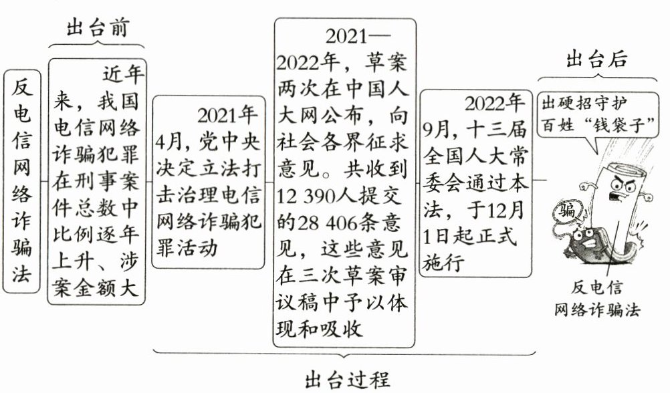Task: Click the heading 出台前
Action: (x=98, y=28)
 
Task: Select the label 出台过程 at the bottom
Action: (x=346, y=378)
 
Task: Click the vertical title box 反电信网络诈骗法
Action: (x=23, y=180)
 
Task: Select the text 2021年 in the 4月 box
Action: (x=227, y=115)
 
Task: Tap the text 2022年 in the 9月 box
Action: (x=494, y=104)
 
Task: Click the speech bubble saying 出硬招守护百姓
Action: (x=597, y=114)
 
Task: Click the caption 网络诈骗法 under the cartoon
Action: (x=597, y=310)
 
